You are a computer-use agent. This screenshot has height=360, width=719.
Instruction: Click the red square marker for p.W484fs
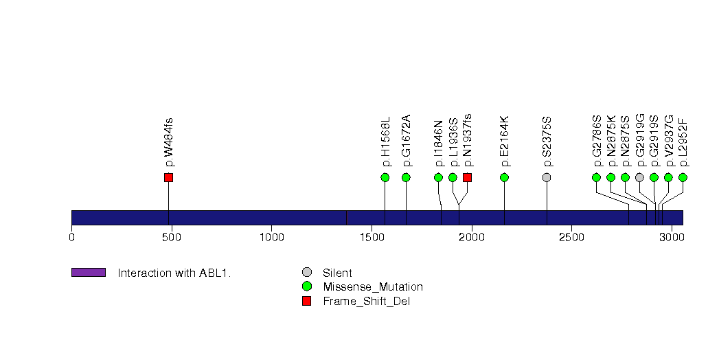pyautogui.click(x=168, y=177)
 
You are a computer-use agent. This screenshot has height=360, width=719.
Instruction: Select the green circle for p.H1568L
pyautogui.click(x=385, y=177)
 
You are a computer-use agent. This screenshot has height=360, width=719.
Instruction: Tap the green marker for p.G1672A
pyautogui.click(x=406, y=177)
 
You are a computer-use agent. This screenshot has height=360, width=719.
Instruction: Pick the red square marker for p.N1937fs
pyautogui.click(x=467, y=177)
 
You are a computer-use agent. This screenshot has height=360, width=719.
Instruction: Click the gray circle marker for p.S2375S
pyautogui.click(x=547, y=177)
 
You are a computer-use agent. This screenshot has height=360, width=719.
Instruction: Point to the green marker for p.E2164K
pyautogui.click(x=504, y=177)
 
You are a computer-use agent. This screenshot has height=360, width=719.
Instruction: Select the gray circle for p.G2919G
pyautogui.click(x=639, y=177)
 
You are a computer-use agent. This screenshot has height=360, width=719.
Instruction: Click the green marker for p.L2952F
pyautogui.click(x=683, y=177)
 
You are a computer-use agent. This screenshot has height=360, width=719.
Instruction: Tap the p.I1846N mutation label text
pyautogui.click(x=439, y=143)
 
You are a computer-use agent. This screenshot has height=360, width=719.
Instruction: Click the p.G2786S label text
pyautogui.click(x=597, y=141)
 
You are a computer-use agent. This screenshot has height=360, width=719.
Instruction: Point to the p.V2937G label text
pyautogui.click(x=669, y=141)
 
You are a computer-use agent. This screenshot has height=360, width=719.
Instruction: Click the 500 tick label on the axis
pyautogui.click(x=171, y=237)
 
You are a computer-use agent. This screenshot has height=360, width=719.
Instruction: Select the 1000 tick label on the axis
pyautogui.click(x=271, y=237)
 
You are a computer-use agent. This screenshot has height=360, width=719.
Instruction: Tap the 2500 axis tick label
pyautogui.click(x=571, y=237)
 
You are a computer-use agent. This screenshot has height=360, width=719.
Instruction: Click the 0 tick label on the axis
pyautogui.click(x=71, y=237)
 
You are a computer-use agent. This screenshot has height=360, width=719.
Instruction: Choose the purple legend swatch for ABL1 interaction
pyautogui.click(x=88, y=273)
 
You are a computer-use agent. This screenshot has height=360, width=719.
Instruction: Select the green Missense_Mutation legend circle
pyautogui.click(x=306, y=286)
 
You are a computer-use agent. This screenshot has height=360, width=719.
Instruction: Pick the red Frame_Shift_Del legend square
pyautogui.click(x=306, y=300)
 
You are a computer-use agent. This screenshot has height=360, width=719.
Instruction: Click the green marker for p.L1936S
pyautogui.click(x=453, y=177)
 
